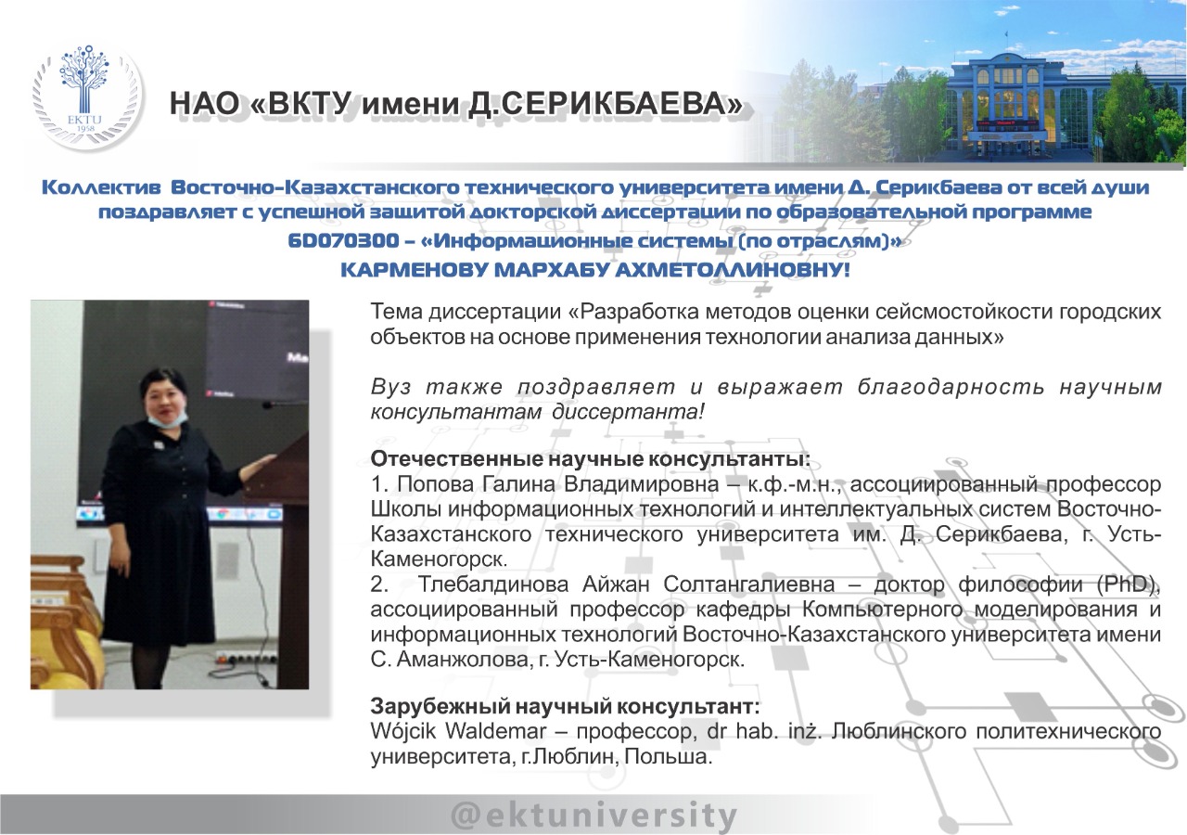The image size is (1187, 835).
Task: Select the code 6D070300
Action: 343,240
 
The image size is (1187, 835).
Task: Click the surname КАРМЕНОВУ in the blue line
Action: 413,270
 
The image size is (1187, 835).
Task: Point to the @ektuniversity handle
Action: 593,816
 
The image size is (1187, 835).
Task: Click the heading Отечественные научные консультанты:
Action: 591,458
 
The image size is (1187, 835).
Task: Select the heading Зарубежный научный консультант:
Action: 565,706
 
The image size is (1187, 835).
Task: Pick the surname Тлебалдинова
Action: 493,584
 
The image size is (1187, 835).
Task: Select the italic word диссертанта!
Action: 628,411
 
